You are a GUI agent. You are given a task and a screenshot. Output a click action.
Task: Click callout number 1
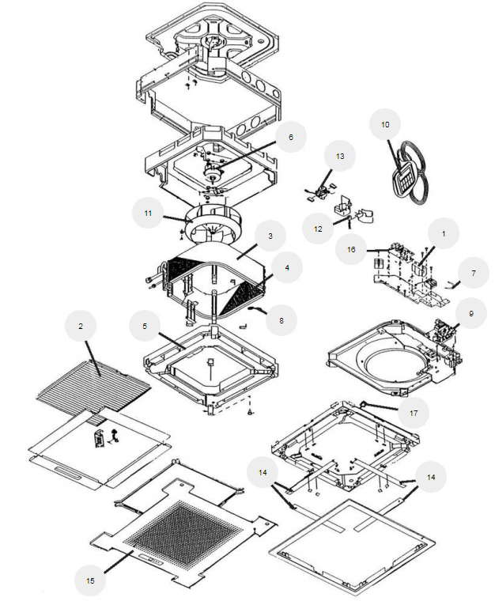[444, 234]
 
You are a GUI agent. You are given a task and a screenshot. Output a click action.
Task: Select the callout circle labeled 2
[81, 325]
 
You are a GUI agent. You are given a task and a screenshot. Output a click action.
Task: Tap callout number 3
[270, 236]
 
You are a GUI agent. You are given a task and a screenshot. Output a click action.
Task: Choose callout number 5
[144, 325]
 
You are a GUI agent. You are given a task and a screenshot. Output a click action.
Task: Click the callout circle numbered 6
[290, 137]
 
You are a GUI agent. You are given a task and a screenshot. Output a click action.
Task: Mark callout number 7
[473, 273]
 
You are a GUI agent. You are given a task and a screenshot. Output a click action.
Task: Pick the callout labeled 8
[281, 321]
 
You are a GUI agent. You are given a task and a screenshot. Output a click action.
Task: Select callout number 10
[385, 125]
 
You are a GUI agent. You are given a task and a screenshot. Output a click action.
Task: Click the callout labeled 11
[148, 214]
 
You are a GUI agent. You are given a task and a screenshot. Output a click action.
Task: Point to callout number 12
[318, 229]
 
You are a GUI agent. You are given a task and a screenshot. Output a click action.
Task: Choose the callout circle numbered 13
[340, 157]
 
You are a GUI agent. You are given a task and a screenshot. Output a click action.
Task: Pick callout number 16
[351, 248]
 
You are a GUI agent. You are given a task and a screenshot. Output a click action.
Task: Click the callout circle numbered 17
[414, 411]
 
